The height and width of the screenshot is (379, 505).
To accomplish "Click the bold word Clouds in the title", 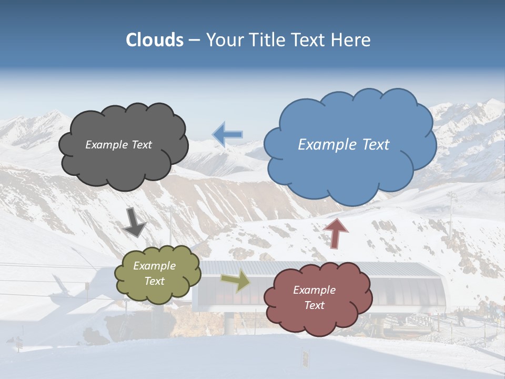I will coord(154,40).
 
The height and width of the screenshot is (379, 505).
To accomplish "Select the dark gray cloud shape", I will coord(124,163).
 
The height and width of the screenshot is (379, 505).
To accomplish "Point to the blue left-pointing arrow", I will coord(227,134).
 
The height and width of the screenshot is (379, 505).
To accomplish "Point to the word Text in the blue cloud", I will coord(371,145).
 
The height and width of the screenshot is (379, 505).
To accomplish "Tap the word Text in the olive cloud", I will coord(155,281).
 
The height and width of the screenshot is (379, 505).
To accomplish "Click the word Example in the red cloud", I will coord(314,290).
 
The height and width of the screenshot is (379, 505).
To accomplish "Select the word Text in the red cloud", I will coord(314,305).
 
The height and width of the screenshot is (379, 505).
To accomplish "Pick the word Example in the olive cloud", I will coord(155,266).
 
